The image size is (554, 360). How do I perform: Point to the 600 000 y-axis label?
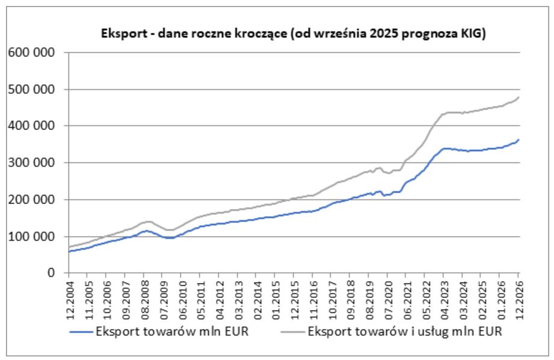[x=30, y=52]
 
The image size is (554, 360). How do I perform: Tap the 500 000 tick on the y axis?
[x=30, y=89]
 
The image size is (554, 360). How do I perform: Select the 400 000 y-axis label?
[x=30, y=126]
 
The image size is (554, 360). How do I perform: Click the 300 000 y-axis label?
[x=30, y=163]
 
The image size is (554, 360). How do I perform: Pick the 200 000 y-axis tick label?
[x=30, y=199]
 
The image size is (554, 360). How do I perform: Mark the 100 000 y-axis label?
[x=30, y=237]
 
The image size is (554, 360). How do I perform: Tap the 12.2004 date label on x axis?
[x=69, y=296]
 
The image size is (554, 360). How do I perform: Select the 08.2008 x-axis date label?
[x=144, y=296]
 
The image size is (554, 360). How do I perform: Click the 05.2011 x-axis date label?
[x=200, y=296]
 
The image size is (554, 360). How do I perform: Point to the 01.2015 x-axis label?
[x=274, y=296]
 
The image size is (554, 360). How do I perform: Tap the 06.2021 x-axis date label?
[x=405, y=296]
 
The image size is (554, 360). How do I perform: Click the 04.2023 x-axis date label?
[x=443, y=296]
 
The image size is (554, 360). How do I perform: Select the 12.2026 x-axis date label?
[x=518, y=296]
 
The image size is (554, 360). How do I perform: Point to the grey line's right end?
[x=519, y=97]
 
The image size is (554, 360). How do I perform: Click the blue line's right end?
[x=519, y=140]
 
